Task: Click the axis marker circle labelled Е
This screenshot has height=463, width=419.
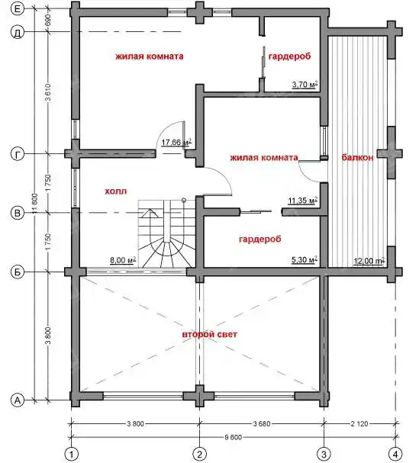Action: tap(18, 8)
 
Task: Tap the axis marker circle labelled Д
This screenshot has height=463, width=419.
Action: tap(18, 32)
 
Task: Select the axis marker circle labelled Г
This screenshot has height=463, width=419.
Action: tap(18, 154)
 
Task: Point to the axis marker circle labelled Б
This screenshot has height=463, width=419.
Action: tap(18, 272)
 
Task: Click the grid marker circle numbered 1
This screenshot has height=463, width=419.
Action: tap(71, 454)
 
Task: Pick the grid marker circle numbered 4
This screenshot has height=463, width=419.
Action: tap(395, 454)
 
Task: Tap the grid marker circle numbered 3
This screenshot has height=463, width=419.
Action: tap(324, 454)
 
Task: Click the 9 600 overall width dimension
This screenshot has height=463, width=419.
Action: tap(233, 437)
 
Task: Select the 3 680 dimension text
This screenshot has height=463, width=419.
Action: tap(262, 424)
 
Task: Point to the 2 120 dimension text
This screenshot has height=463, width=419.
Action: tap(359, 424)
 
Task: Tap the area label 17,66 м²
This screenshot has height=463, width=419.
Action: tap(176, 142)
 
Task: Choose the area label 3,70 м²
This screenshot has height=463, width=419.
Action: tap(305, 85)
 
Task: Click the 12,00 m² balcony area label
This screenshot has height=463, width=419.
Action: tap(369, 261)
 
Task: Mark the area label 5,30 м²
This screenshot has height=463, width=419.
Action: tap(305, 259)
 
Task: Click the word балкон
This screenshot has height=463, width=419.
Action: tap(357, 157)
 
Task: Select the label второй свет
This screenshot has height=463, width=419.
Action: tap(209, 334)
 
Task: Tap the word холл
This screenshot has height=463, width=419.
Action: tap(116, 191)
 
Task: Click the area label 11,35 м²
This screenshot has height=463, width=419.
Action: tap(303, 201)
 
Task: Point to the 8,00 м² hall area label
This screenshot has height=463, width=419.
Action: tap(123, 260)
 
